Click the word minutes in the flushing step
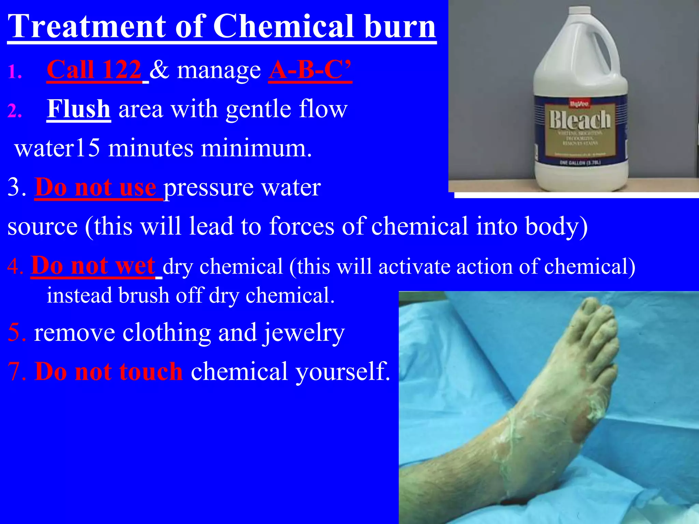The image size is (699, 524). coord(151,148)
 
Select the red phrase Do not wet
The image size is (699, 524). coord(93,265)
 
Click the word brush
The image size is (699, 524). coord(144,295)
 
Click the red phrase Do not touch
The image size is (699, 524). coord(109,371)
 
